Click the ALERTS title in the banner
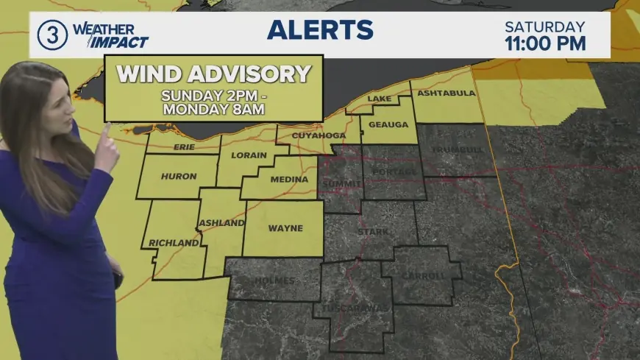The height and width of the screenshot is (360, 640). click(320, 30)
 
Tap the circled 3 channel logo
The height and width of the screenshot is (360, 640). click(52, 35)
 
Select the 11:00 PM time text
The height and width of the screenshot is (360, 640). click(545, 43)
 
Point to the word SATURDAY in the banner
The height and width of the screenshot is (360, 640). click(545, 26)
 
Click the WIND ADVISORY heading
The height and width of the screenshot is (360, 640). click(214, 74)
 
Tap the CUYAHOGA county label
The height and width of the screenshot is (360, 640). click(319, 136)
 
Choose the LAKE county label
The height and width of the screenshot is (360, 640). click(380, 99)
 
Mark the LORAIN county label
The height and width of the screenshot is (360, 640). click(249, 155)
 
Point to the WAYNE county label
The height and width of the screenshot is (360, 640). click(285, 228)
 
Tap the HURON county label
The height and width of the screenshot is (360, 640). click(179, 177)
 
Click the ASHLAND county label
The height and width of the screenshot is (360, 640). click(221, 223)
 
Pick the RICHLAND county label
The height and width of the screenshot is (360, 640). click(174, 243)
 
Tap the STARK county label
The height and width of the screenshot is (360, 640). click(367, 232)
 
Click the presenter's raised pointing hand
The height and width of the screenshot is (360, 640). click(107, 147)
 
